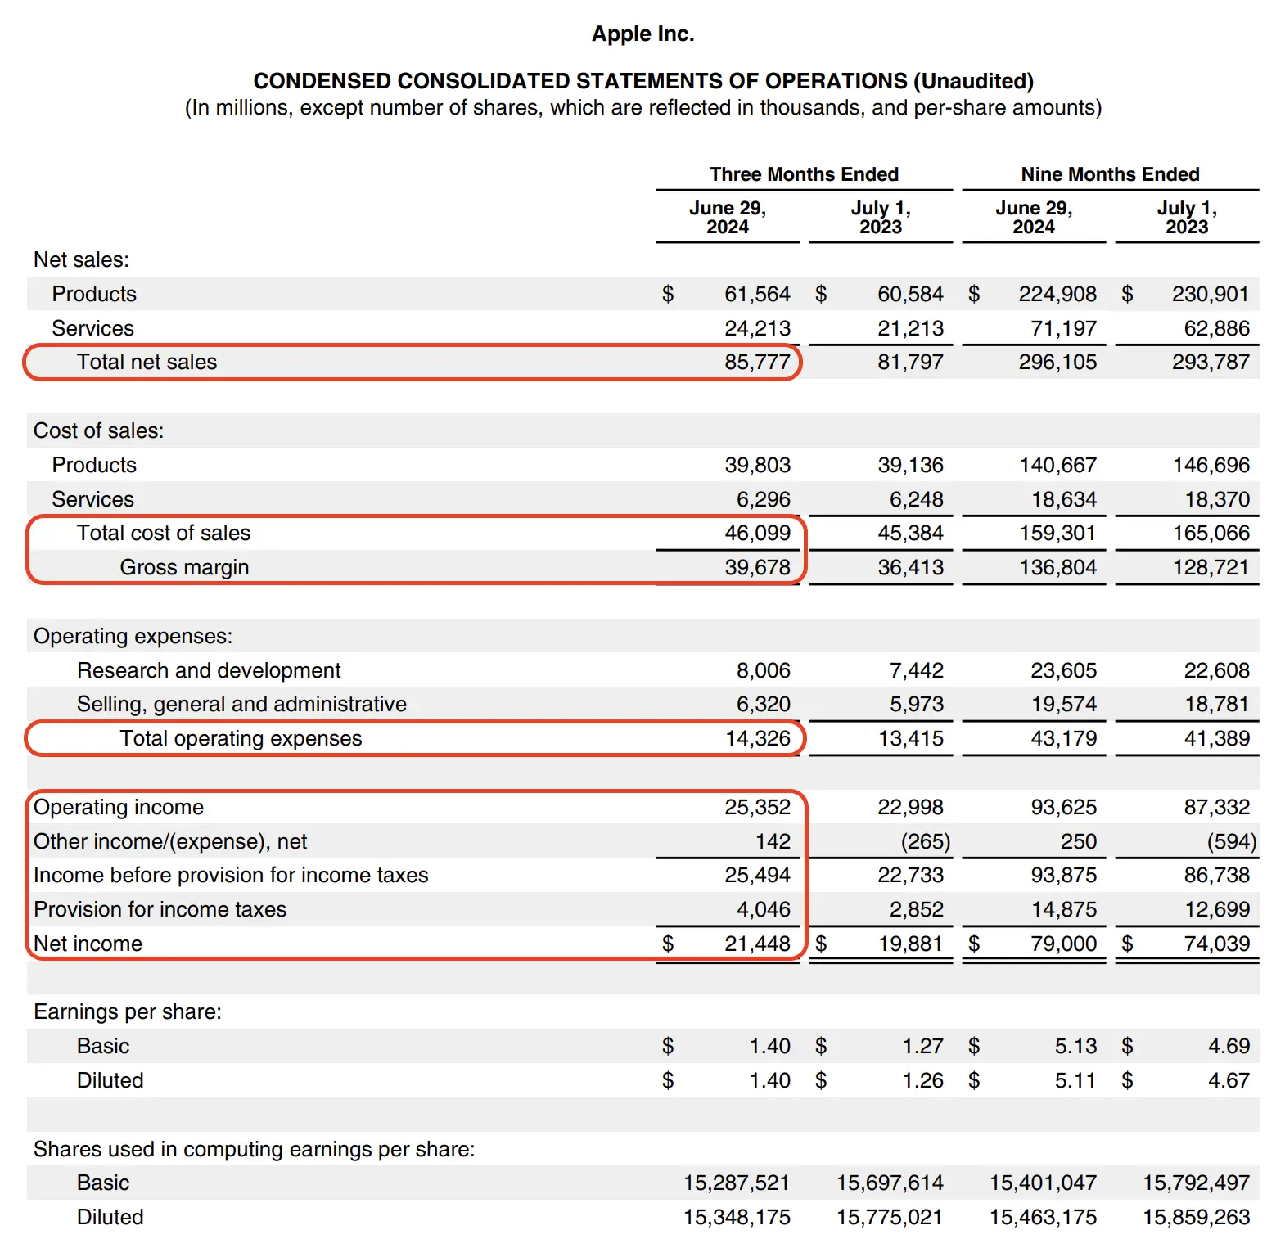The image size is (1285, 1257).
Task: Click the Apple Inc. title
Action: pyautogui.click(x=642, y=34)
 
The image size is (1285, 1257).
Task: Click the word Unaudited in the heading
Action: pyautogui.click(x=973, y=81)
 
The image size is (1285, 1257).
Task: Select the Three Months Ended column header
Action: pyautogui.click(x=804, y=174)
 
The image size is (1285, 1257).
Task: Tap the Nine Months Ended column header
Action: pyautogui.click(x=1110, y=174)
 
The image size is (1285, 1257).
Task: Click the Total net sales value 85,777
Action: pyautogui.click(x=757, y=362)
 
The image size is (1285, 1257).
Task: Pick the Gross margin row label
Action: pyautogui.click(x=184, y=567)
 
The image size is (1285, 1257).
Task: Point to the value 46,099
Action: pyautogui.click(x=757, y=533)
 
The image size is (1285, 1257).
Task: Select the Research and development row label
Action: pyautogui.click(x=209, y=670)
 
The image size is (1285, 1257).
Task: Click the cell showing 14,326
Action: pyautogui.click(x=757, y=738)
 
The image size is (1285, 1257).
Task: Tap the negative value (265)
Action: pyautogui.click(x=925, y=841)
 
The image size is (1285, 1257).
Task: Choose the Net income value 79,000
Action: pyautogui.click(x=1063, y=944)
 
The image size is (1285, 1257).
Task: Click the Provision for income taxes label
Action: pyautogui.click(x=160, y=909)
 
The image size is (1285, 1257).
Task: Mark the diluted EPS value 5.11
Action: pyautogui.click(x=1075, y=1080)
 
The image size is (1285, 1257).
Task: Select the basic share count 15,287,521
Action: pyautogui.click(x=736, y=1183)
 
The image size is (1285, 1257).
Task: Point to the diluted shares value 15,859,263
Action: pyautogui.click(x=1196, y=1217)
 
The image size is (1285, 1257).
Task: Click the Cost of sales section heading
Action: pyautogui.click(x=98, y=430)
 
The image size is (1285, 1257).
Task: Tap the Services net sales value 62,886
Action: pyautogui.click(x=1216, y=328)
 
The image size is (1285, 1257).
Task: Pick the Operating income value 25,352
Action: pyautogui.click(x=757, y=807)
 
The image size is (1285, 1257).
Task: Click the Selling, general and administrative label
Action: pyautogui.click(x=241, y=704)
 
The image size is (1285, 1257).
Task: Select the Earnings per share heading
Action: pyautogui.click(x=128, y=1011)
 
